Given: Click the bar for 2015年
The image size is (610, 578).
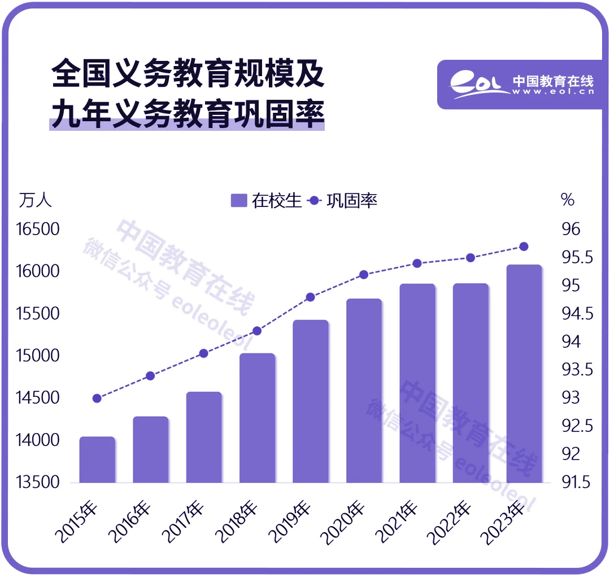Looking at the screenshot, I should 97,460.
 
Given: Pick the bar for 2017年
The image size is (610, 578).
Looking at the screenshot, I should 204,437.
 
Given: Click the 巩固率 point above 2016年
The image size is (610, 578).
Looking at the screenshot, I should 150,376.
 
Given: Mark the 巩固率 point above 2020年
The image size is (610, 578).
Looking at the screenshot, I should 364,275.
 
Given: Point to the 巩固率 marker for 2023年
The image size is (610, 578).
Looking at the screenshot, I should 524,246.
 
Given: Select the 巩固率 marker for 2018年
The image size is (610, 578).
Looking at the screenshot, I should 257,331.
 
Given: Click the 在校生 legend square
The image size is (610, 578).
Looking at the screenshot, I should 239,201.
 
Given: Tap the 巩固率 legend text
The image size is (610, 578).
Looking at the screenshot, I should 352,201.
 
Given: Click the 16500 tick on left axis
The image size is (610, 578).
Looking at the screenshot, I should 38,230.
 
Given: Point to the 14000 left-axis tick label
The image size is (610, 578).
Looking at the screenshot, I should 38,440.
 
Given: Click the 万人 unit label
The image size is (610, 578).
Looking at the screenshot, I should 35,200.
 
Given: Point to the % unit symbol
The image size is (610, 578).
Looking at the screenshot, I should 567,200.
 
